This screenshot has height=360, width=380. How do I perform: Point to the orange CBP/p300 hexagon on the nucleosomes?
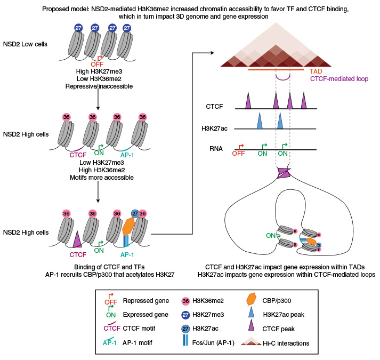(x=127, y=227)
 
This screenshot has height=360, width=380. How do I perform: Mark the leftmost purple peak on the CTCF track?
(x=248, y=100)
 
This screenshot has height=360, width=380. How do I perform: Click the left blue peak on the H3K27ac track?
(x=260, y=121)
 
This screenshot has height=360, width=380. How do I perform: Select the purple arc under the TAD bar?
(x=282, y=78)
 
